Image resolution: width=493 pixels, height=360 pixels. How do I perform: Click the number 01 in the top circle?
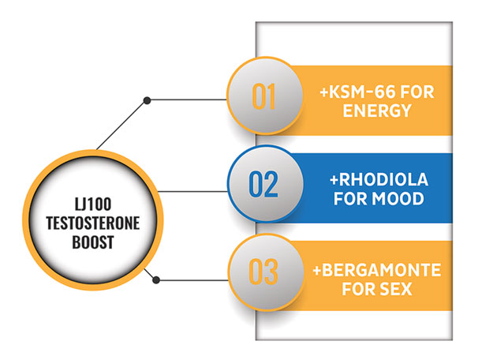click(263, 96)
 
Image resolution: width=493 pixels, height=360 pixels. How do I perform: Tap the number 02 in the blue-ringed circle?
click(263, 185)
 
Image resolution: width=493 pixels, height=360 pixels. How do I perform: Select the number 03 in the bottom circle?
click(263, 272)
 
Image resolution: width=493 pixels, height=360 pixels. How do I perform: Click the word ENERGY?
click(377, 111)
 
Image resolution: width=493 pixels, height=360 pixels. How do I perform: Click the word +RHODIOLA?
click(379, 180)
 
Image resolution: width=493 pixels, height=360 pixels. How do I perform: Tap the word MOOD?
click(398, 199)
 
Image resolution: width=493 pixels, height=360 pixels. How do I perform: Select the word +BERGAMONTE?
click(377, 270)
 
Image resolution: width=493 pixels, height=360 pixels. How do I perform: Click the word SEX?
click(395, 289)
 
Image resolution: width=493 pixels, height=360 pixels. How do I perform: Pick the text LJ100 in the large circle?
click(93, 204)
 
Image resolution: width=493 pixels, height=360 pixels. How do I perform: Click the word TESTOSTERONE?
click(93, 223)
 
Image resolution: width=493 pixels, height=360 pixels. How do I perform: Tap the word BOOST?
click(93, 242)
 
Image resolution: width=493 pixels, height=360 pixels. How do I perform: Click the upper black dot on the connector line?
click(147, 100)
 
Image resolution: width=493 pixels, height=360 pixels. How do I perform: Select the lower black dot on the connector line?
click(156, 279)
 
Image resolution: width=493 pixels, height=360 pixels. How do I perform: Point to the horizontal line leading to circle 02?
click(192, 191)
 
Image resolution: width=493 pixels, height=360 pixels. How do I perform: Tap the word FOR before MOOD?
click(349, 199)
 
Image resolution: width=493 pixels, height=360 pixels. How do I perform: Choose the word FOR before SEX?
click(358, 289)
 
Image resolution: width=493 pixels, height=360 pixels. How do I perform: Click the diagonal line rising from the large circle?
click(121, 125)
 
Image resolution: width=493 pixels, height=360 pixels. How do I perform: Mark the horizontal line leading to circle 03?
click(192, 280)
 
